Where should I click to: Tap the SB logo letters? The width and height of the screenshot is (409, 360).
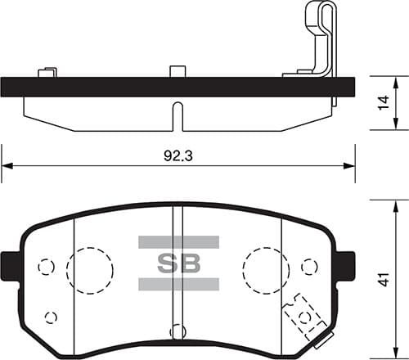click(178, 263)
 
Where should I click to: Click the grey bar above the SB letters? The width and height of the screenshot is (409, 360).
click(178, 242)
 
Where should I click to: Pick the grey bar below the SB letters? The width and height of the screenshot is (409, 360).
click(178, 284)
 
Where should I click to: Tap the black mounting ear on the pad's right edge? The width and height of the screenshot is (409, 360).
click(345, 264)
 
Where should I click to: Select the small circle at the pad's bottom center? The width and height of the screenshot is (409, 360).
click(178, 331)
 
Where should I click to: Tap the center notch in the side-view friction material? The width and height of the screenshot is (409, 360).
click(178, 115)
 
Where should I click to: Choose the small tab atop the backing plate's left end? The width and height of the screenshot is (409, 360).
click(47, 72)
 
